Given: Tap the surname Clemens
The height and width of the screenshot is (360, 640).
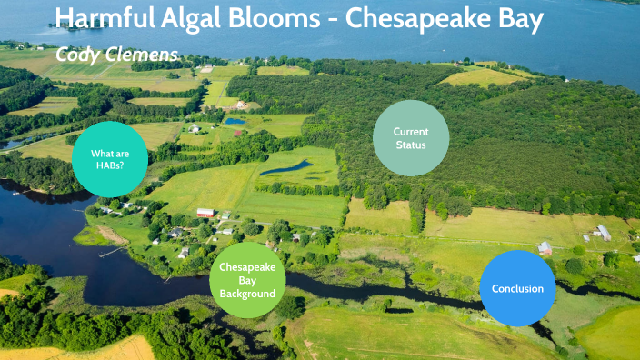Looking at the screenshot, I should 141,54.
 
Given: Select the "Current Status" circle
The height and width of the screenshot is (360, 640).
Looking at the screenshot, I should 411,138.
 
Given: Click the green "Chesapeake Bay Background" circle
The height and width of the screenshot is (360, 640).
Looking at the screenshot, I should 247,281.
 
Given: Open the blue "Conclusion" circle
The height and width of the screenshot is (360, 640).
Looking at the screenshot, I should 517,289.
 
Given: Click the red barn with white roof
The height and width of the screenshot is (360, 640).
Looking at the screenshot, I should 205,214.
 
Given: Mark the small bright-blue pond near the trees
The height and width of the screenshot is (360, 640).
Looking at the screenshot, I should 235,121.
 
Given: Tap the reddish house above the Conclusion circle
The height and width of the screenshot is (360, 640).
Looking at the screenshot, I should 545,247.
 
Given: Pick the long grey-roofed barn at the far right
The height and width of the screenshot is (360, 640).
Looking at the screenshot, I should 603,233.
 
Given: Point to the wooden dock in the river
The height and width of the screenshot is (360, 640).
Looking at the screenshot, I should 112,251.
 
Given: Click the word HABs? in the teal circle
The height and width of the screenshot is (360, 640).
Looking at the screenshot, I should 110,166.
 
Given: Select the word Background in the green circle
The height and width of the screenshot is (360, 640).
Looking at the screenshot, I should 247,294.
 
